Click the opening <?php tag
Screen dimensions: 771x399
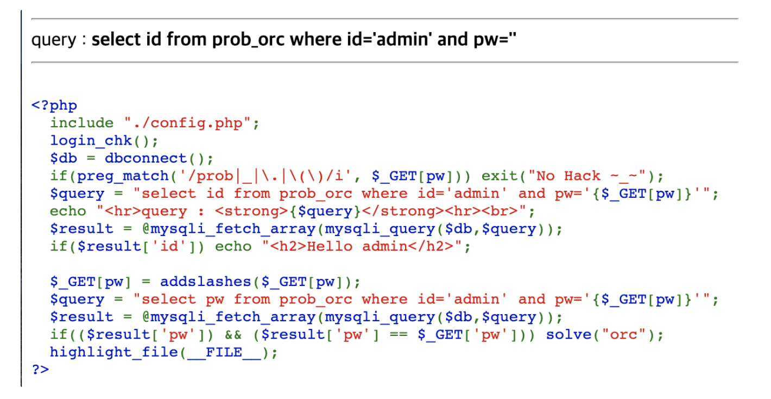pyautogui.click(x=54, y=105)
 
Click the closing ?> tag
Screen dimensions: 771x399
pyautogui.click(x=41, y=370)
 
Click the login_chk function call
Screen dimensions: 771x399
pyautogui.click(x=91, y=141)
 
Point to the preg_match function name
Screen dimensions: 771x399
pyautogui.click(x=123, y=176)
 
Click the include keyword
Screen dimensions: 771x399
pyautogui.click(x=82, y=123)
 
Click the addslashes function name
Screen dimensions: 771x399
pyautogui.click(x=205, y=282)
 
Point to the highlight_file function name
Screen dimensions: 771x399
pyautogui.click(x=114, y=352)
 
